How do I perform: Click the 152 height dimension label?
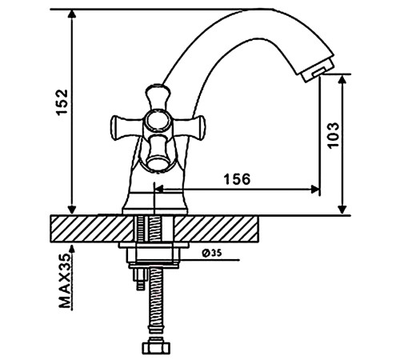pyautogui.click(x=62, y=102)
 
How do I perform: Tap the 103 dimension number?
pyautogui.click(x=334, y=135)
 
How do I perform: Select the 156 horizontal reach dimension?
pyautogui.click(x=238, y=179)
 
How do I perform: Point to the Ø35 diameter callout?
pyautogui.click(x=212, y=253)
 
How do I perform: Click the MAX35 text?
pyautogui.click(x=66, y=281)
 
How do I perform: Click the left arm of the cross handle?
pyautogui.click(x=126, y=126)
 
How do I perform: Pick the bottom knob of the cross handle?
pyautogui.click(x=158, y=153)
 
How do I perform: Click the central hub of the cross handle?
pyautogui.click(x=157, y=121)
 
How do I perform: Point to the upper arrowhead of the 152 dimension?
pyautogui.click(x=72, y=14)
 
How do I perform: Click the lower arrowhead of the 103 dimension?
pyautogui.click(x=342, y=210)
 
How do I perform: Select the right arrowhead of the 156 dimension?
pyautogui.click(x=315, y=190)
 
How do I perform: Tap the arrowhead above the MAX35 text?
pyautogui.click(x=72, y=249)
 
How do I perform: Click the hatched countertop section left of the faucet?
pyautogui.click(x=92, y=229)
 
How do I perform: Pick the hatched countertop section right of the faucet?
pyautogui.click(x=216, y=229)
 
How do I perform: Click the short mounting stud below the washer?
pyautogui.click(x=140, y=279)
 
